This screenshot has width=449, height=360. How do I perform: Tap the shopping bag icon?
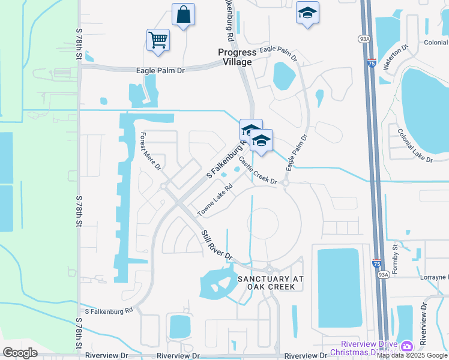(183, 14)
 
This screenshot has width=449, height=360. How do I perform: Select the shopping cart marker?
(158, 40)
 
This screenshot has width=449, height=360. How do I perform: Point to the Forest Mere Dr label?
(151, 151)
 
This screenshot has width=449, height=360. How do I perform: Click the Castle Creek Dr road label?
(258, 170)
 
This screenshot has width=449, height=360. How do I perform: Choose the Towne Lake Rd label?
(215, 203)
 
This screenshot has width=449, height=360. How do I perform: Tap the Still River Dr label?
(217, 245)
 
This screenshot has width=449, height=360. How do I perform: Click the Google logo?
(20, 352)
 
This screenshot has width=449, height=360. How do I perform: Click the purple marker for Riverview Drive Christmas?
(407, 346)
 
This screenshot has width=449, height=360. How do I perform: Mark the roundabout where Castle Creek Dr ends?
(286, 184)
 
